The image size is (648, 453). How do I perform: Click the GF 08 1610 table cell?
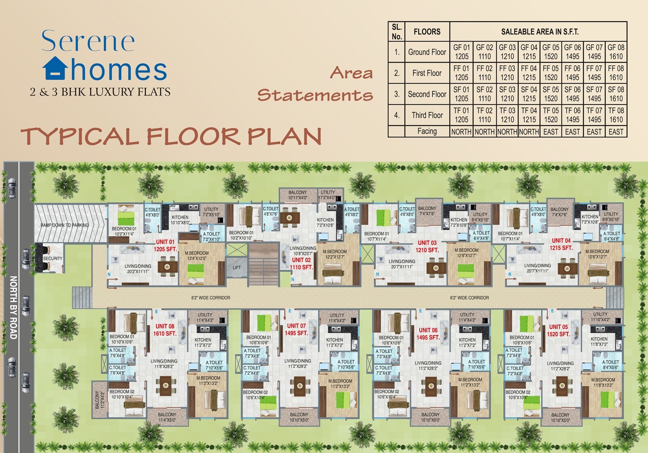pyautogui.click(x=616, y=52)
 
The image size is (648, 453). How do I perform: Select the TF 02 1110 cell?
pyautogui.click(x=484, y=115)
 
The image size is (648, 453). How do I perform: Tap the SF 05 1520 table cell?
pyautogui.click(x=550, y=94)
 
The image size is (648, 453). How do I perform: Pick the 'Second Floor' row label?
pyautogui.click(x=427, y=94)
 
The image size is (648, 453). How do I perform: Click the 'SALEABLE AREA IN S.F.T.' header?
pyautogui.click(x=539, y=32)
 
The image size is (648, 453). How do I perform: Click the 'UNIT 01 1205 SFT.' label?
pyautogui.click(x=165, y=245)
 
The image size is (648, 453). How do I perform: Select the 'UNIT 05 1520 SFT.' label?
pyautogui.click(x=558, y=330)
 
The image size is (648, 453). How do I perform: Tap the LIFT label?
pyautogui.click(x=237, y=267)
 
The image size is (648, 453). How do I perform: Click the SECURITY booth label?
pyautogui.click(x=52, y=258)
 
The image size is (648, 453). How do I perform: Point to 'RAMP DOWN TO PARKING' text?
pyautogui.click(x=64, y=225)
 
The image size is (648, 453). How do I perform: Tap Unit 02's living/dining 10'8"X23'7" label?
pyautogui.click(x=303, y=251)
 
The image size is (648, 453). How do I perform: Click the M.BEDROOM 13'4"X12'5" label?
pyautogui.click(x=197, y=256)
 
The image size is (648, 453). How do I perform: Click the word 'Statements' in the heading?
pyautogui.click(x=315, y=95)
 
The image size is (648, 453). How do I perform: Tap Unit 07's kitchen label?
pyautogui.click(x=334, y=342)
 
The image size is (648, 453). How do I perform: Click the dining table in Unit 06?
pyautogui.click(x=431, y=386)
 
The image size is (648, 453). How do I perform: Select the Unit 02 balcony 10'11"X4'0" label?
pyautogui.click(x=297, y=195)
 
